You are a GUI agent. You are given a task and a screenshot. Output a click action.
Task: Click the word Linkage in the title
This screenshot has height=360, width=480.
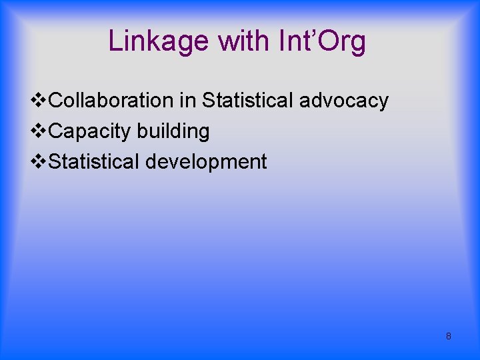tap(159, 41)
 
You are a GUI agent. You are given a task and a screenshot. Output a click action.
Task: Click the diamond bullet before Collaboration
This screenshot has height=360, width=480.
tap(39, 101)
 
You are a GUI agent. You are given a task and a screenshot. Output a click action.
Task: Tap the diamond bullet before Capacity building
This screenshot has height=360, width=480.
tap(39, 131)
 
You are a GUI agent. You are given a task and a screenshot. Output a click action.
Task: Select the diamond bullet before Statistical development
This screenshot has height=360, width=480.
tap(39, 162)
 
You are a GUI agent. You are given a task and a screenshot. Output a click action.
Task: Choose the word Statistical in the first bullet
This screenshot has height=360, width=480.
tap(247, 101)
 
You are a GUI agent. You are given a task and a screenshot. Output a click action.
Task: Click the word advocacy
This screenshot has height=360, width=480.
tap(344, 101)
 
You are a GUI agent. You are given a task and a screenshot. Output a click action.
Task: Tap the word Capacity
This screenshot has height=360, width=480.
tap(90, 132)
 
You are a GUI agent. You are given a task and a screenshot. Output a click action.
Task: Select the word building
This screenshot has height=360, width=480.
tap(173, 131)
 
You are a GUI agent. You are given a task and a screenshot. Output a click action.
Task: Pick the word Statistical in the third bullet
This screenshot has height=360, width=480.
tap(95, 162)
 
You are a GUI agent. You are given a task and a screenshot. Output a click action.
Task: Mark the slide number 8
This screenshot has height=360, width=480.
tap(448, 336)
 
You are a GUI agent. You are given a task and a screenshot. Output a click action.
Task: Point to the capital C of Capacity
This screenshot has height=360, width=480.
tap(56, 131)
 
